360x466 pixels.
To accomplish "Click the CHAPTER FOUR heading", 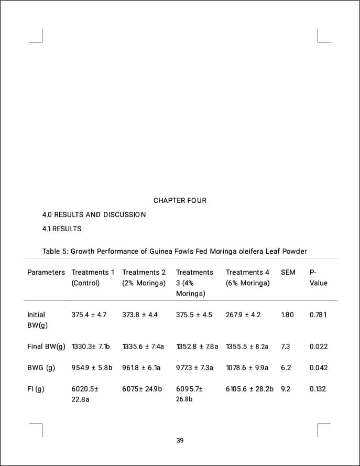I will (x=180, y=201).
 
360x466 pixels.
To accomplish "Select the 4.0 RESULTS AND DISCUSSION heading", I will (x=94, y=215).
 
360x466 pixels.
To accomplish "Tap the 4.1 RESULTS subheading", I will (x=62, y=229).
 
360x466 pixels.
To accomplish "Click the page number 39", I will (x=180, y=441).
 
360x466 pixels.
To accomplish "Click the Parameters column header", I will (x=46, y=273).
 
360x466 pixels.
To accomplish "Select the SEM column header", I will (x=288, y=273).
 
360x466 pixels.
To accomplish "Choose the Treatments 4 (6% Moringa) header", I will (x=248, y=278).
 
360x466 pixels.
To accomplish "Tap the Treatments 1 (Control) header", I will (x=93, y=278).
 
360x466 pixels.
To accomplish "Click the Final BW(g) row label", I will (x=46, y=346).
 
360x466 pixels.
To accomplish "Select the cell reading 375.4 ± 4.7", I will (x=89, y=315).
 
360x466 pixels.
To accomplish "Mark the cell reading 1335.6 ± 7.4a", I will (x=143, y=346).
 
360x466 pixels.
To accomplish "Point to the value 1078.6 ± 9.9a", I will (x=247, y=368).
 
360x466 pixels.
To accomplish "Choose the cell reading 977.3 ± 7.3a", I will (x=195, y=368).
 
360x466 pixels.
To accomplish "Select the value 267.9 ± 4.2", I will (x=243, y=315).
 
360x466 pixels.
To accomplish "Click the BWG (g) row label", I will (x=41, y=368).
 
